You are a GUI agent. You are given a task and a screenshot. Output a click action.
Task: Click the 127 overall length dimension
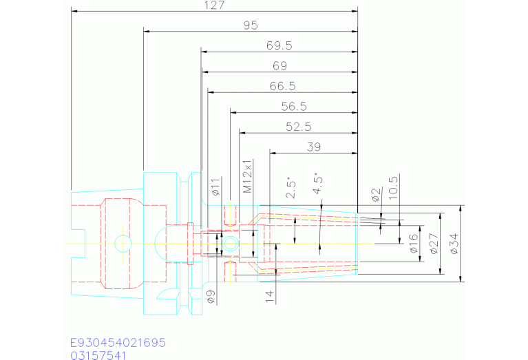(215, 6)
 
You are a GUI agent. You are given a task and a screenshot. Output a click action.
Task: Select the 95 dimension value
(251, 25)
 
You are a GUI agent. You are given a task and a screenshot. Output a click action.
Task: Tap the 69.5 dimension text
(279, 46)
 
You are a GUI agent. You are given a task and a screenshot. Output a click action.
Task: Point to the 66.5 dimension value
(282, 86)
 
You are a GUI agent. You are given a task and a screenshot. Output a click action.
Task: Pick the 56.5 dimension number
(294, 107)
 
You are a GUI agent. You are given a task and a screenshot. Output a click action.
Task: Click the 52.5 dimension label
(299, 127)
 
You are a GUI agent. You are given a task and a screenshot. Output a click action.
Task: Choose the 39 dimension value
(314, 147)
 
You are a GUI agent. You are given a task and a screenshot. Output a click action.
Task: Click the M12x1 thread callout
(248, 176)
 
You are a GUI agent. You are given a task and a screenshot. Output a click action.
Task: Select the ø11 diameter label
(215, 187)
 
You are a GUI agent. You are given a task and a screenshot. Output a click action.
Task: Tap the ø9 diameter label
(211, 297)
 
